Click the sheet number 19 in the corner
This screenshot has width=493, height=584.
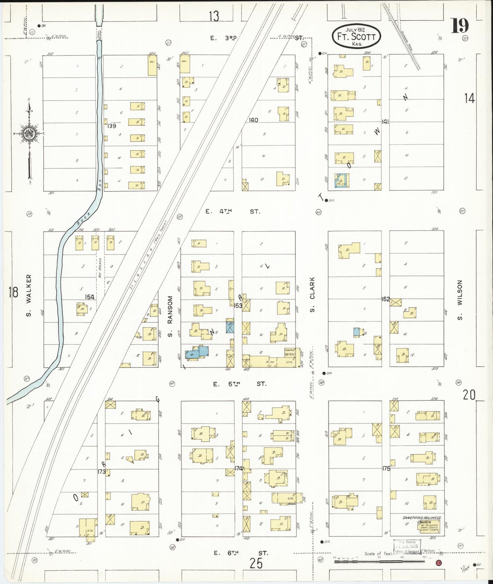pos(460,26)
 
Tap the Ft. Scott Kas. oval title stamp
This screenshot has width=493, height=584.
pos(356,36)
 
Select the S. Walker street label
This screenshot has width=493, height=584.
pos(29,295)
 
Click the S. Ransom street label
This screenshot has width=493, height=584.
pos(170,317)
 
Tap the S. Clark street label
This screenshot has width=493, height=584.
pos(313,294)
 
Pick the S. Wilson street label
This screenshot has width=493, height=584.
pos(460,300)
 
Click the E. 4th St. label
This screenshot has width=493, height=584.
pos(232,212)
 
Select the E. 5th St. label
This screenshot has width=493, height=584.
pos(239,384)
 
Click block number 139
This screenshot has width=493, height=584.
pos(111,126)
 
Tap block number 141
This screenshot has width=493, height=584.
pos(385,122)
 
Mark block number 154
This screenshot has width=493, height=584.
pos(89,297)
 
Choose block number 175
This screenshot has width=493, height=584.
pos(386,469)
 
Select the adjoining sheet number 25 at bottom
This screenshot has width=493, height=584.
pos(256,564)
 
